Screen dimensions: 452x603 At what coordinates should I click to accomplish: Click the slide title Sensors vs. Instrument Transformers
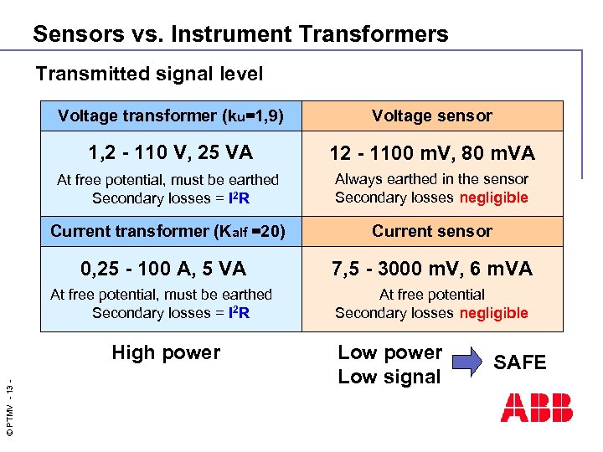pyautogui.click(x=240, y=34)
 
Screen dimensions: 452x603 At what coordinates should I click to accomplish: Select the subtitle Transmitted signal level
pyautogui.click(x=149, y=74)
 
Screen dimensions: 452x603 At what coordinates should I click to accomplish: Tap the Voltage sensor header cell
pyautogui.click(x=432, y=116)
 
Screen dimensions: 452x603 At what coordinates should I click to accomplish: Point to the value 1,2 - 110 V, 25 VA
pyautogui.click(x=171, y=152)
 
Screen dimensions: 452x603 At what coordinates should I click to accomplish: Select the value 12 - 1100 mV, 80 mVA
pyautogui.click(x=432, y=153)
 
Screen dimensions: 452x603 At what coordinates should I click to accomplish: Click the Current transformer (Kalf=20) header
pyautogui.click(x=167, y=231)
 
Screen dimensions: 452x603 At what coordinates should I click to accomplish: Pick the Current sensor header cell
pyautogui.click(x=432, y=231)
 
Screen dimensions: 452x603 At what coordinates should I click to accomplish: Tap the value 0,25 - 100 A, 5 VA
pyautogui.click(x=163, y=269)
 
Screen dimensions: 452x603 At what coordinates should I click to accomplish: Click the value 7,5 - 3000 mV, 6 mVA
pyautogui.click(x=432, y=269)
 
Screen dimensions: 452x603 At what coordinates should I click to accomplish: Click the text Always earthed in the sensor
pyautogui.click(x=432, y=179)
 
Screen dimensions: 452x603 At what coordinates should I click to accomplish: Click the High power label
pyautogui.click(x=166, y=352)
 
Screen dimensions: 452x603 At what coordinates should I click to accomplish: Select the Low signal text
pyautogui.click(x=389, y=377)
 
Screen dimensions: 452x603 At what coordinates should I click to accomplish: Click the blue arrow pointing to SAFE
pyautogui.click(x=467, y=362)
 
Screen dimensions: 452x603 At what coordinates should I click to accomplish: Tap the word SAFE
pyautogui.click(x=519, y=362)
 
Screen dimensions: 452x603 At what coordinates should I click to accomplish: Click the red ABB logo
pyautogui.click(x=537, y=407)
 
